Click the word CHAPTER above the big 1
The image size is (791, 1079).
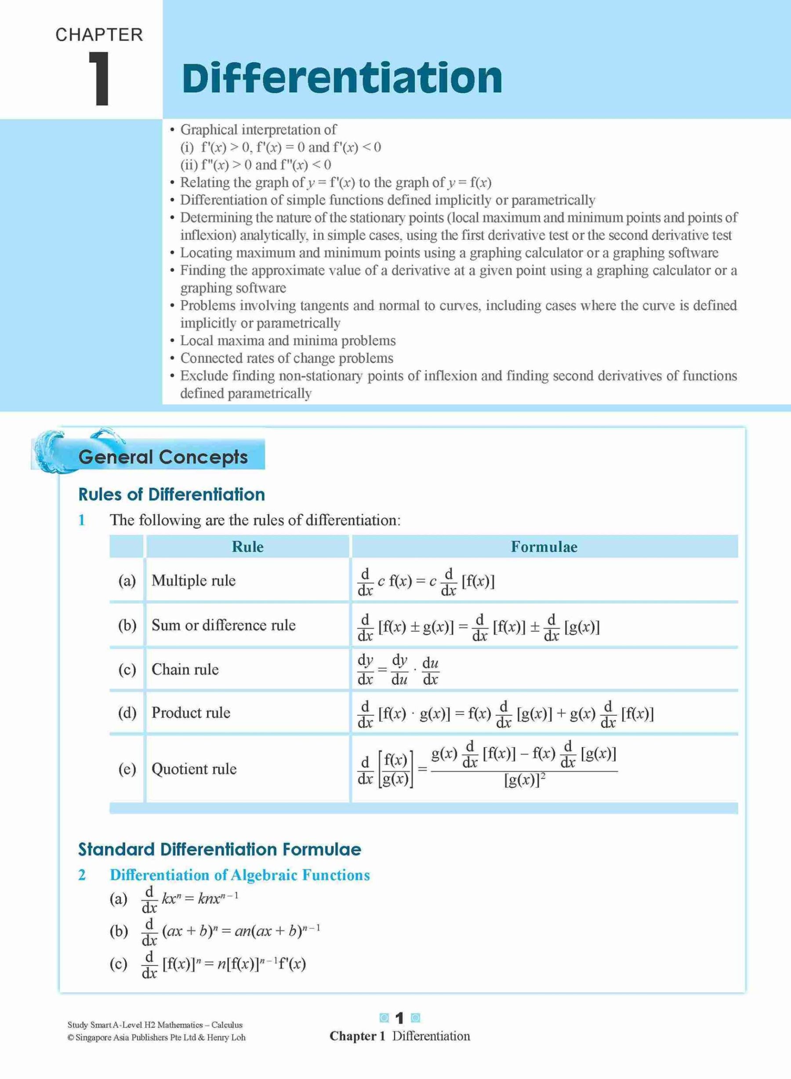(99, 35)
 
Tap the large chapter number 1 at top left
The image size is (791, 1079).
(100, 79)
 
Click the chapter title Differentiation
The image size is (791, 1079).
(342, 78)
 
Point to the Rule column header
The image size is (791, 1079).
(247, 547)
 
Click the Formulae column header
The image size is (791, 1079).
(544, 547)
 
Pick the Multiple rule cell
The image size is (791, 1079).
(193, 580)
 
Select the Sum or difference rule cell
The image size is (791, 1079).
(224, 625)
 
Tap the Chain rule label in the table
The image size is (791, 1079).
(185, 669)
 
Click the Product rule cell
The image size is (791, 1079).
(191, 712)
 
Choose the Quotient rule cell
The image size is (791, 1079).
(194, 769)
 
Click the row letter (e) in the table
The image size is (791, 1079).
(127, 769)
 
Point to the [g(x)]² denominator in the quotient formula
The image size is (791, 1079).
(525, 781)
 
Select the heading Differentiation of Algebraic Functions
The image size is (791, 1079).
(240, 875)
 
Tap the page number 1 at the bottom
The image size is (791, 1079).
(400, 1018)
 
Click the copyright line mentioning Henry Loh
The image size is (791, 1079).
(156, 1037)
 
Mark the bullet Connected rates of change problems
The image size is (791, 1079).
(287, 358)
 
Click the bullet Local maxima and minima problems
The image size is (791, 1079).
(288, 340)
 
